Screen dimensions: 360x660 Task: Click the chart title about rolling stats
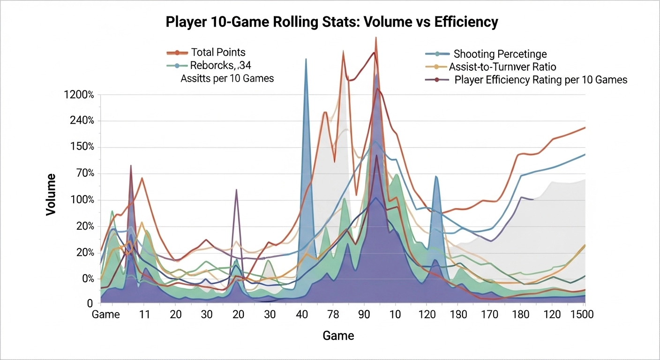point(331,22)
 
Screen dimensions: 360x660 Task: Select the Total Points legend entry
point(217,52)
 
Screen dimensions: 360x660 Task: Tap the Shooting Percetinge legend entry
point(500,54)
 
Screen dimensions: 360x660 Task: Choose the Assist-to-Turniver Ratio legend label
point(502,67)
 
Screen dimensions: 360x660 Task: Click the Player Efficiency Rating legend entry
point(540,80)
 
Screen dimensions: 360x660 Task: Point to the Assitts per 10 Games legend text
point(227,78)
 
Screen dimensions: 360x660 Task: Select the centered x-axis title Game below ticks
point(338,336)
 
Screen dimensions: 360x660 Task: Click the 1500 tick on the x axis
point(582,315)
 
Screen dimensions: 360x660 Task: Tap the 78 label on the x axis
point(332,315)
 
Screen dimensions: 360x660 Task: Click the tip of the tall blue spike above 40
point(306,59)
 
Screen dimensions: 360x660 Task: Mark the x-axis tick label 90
point(364,315)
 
